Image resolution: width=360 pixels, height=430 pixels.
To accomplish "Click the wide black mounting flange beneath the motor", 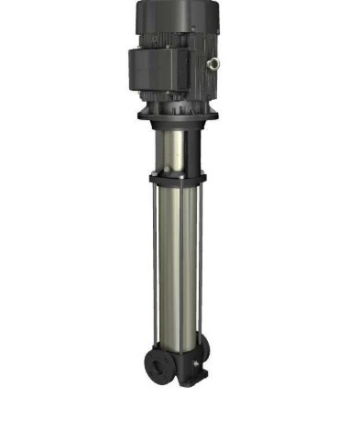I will [x=175, y=116].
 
